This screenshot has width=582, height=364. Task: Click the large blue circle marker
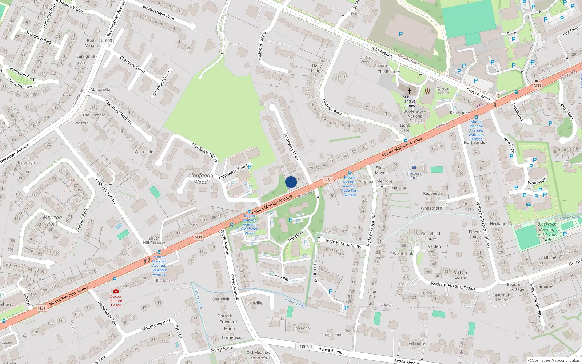pyautogui.click(x=291, y=182)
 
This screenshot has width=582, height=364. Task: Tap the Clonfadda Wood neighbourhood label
pyautogui.click(x=201, y=179)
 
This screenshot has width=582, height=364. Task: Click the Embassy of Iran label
pyautogui.click(x=414, y=175)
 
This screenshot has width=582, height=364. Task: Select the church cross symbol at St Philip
pyautogui.click(x=410, y=91)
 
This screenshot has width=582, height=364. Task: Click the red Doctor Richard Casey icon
pyautogui.click(x=116, y=291)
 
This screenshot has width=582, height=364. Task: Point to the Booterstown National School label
pyautogui.click(x=415, y=116)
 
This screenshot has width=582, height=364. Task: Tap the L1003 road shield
pyautogui.click(x=107, y=40)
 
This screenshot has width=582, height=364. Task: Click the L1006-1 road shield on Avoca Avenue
pyautogui.click(x=304, y=347)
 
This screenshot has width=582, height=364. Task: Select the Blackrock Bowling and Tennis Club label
pyautogui.click(x=547, y=232)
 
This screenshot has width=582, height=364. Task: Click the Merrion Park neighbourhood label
pyautogui.click(x=52, y=220)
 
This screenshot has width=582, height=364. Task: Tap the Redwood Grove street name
pyautogui.click(x=262, y=46)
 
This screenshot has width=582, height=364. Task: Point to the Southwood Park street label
pyautogui.click(x=291, y=147)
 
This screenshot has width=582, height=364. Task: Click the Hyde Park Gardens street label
pyautogui.click(x=343, y=243)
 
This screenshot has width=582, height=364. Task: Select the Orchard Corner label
pyautogui.click(x=461, y=275)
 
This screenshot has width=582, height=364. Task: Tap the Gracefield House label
pyautogui.click(x=430, y=236)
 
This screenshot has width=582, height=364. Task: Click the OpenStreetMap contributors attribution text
pyautogui.click(x=554, y=360)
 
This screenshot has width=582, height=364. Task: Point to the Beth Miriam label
pyautogui.click(x=91, y=43)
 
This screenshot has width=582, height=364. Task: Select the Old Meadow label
pyautogui.click(x=258, y=352)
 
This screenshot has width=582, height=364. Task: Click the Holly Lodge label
pyautogui.click(x=317, y=68)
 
